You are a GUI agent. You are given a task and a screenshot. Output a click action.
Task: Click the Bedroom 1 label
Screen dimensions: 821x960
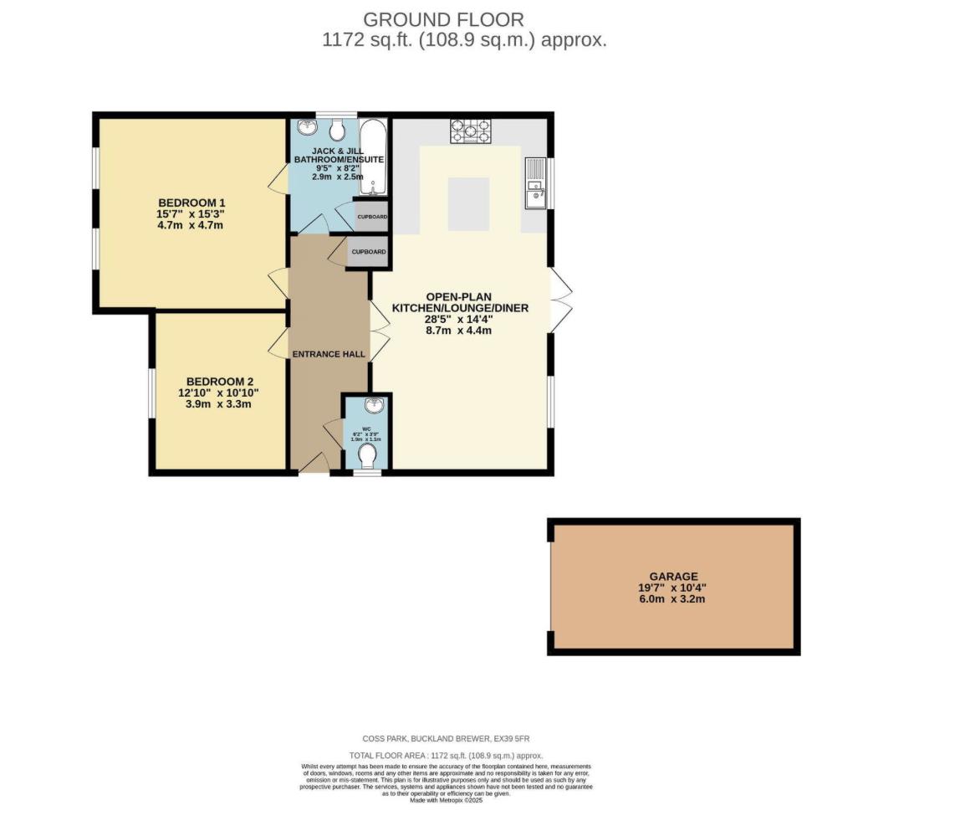pos(192,203)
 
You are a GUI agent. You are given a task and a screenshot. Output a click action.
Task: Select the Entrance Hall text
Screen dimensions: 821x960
pos(329,354)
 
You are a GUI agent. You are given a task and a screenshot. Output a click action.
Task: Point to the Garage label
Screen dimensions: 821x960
pos(673,577)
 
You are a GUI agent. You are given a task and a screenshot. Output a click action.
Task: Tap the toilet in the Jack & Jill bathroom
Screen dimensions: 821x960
pos(337,130)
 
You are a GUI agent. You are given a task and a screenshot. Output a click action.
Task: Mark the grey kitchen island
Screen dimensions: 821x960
pos(468,203)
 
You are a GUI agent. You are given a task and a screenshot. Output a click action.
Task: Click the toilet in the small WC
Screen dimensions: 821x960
pos(367,456)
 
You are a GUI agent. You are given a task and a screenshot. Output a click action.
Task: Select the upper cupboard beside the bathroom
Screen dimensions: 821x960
pos(370,216)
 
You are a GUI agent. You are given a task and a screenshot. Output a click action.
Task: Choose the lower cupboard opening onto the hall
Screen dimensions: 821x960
pos(368,252)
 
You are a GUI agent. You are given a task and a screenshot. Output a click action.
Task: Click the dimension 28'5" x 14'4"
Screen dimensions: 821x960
pos(466,319)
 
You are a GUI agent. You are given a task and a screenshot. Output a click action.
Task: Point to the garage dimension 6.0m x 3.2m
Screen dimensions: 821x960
pos(673,599)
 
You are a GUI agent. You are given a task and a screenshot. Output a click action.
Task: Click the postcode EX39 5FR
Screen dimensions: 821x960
pos(511,738)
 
